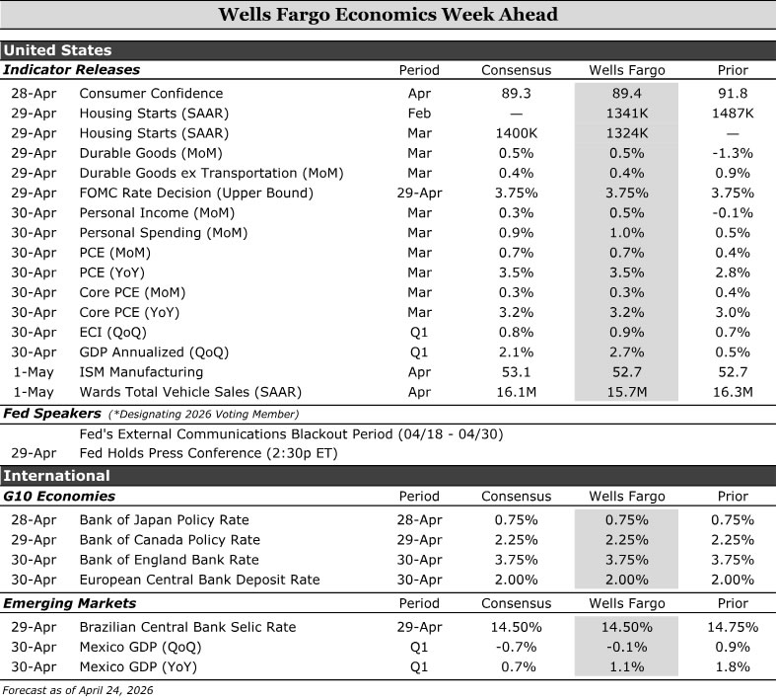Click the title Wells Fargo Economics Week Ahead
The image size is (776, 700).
click(388, 15)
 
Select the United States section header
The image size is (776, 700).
click(57, 50)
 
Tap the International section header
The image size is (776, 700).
click(56, 476)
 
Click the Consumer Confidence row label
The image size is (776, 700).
click(151, 94)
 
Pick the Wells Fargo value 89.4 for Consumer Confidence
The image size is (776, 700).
click(626, 94)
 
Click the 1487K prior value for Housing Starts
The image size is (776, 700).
click(732, 114)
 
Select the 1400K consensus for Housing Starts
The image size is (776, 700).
click(516, 133)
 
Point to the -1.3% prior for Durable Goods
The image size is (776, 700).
click(732, 153)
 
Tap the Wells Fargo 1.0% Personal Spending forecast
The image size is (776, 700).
click(626, 233)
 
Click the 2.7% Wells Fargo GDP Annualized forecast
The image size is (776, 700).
click(626, 351)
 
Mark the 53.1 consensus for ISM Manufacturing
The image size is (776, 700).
click(516, 372)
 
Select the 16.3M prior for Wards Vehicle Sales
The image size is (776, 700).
click(732, 392)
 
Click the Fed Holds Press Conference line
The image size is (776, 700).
click(207, 454)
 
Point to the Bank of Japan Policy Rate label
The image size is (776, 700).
click(164, 520)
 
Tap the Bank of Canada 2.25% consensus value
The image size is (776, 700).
click(516, 540)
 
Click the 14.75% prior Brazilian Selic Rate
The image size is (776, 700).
click(732, 627)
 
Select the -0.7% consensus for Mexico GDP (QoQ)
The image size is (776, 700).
click(516, 647)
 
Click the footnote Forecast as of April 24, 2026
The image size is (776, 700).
click(79, 689)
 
